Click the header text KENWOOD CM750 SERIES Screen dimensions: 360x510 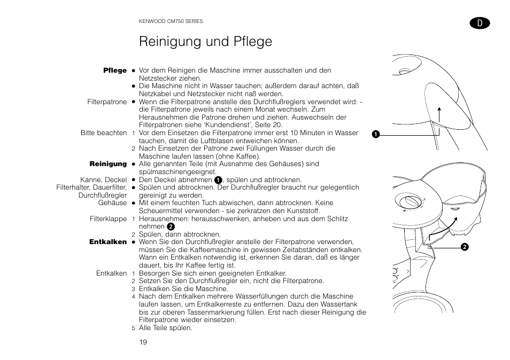point(171,21)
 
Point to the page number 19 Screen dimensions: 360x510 point(143,342)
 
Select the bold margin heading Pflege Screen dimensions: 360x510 point(115,71)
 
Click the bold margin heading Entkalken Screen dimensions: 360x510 point(108,242)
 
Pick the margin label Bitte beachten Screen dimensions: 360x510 point(104,133)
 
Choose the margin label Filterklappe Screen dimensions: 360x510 point(108,219)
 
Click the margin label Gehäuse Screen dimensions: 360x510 point(113,203)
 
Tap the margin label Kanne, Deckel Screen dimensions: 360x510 point(103,180)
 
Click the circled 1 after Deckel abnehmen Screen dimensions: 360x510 point(218,181)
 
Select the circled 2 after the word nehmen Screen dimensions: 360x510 point(171,227)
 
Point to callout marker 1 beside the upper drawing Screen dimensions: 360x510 point(376,134)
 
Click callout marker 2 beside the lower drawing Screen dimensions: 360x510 point(465,246)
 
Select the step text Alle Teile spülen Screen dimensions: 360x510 point(165,328)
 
